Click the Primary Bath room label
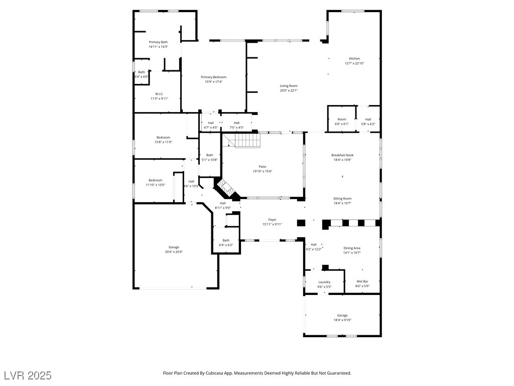coord(158,42)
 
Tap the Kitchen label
coord(354,58)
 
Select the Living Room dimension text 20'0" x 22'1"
coord(289,90)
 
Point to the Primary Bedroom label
coord(214,77)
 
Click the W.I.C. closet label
coord(159,94)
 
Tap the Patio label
coord(263,166)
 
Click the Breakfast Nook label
coord(342,155)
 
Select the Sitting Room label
coord(342,198)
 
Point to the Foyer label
coord(273,220)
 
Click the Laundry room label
coord(325,282)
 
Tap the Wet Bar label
coord(362,281)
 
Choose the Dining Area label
coord(352,248)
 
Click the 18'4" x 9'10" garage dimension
coord(342,320)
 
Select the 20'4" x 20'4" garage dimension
coord(174,252)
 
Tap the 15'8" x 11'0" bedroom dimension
coord(163,142)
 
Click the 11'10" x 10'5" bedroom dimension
coord(156,185)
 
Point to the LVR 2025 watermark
coord(28,375)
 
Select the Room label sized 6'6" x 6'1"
coord(342,120)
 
